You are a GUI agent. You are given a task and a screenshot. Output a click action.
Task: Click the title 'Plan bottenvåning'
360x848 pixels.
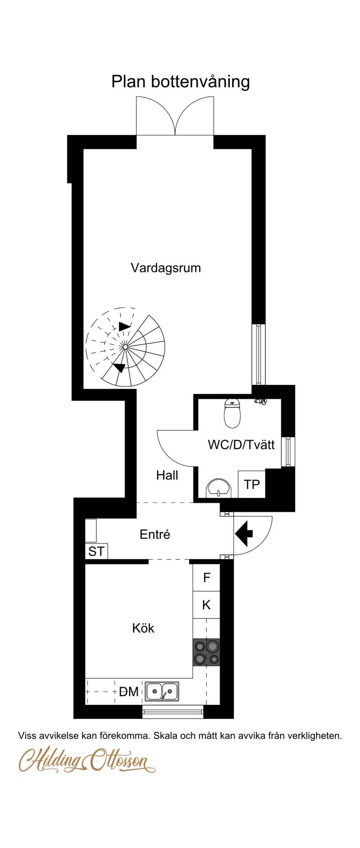pos(180,82)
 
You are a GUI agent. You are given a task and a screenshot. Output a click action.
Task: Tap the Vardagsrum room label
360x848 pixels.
pos(166,268)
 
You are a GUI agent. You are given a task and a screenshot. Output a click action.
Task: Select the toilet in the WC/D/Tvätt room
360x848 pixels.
pos(232,413)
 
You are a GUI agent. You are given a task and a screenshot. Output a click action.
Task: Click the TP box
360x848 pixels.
pos(252,484)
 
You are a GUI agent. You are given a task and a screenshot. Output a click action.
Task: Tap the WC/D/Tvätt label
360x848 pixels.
pos(241,445)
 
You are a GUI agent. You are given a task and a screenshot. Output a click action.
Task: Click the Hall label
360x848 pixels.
pos(167,476)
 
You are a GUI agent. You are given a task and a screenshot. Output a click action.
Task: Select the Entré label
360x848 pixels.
pos(155,534)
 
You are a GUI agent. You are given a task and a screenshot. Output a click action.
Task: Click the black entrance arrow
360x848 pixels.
pos(244,534)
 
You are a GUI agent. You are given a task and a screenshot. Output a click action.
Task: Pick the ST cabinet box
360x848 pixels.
pos(96,552)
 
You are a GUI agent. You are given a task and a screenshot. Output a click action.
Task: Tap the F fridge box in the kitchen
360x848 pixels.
pos(207,578)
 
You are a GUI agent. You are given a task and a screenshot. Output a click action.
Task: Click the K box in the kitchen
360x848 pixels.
pos(207,605)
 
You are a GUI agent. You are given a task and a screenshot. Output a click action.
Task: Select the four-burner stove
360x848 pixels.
pos(207,653)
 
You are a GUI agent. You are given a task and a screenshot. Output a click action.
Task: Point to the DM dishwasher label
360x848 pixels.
pos(129,692)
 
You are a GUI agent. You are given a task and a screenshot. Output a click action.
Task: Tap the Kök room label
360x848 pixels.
pos(143,628)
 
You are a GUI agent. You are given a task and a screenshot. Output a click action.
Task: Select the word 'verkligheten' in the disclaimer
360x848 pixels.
pos(314,736)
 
